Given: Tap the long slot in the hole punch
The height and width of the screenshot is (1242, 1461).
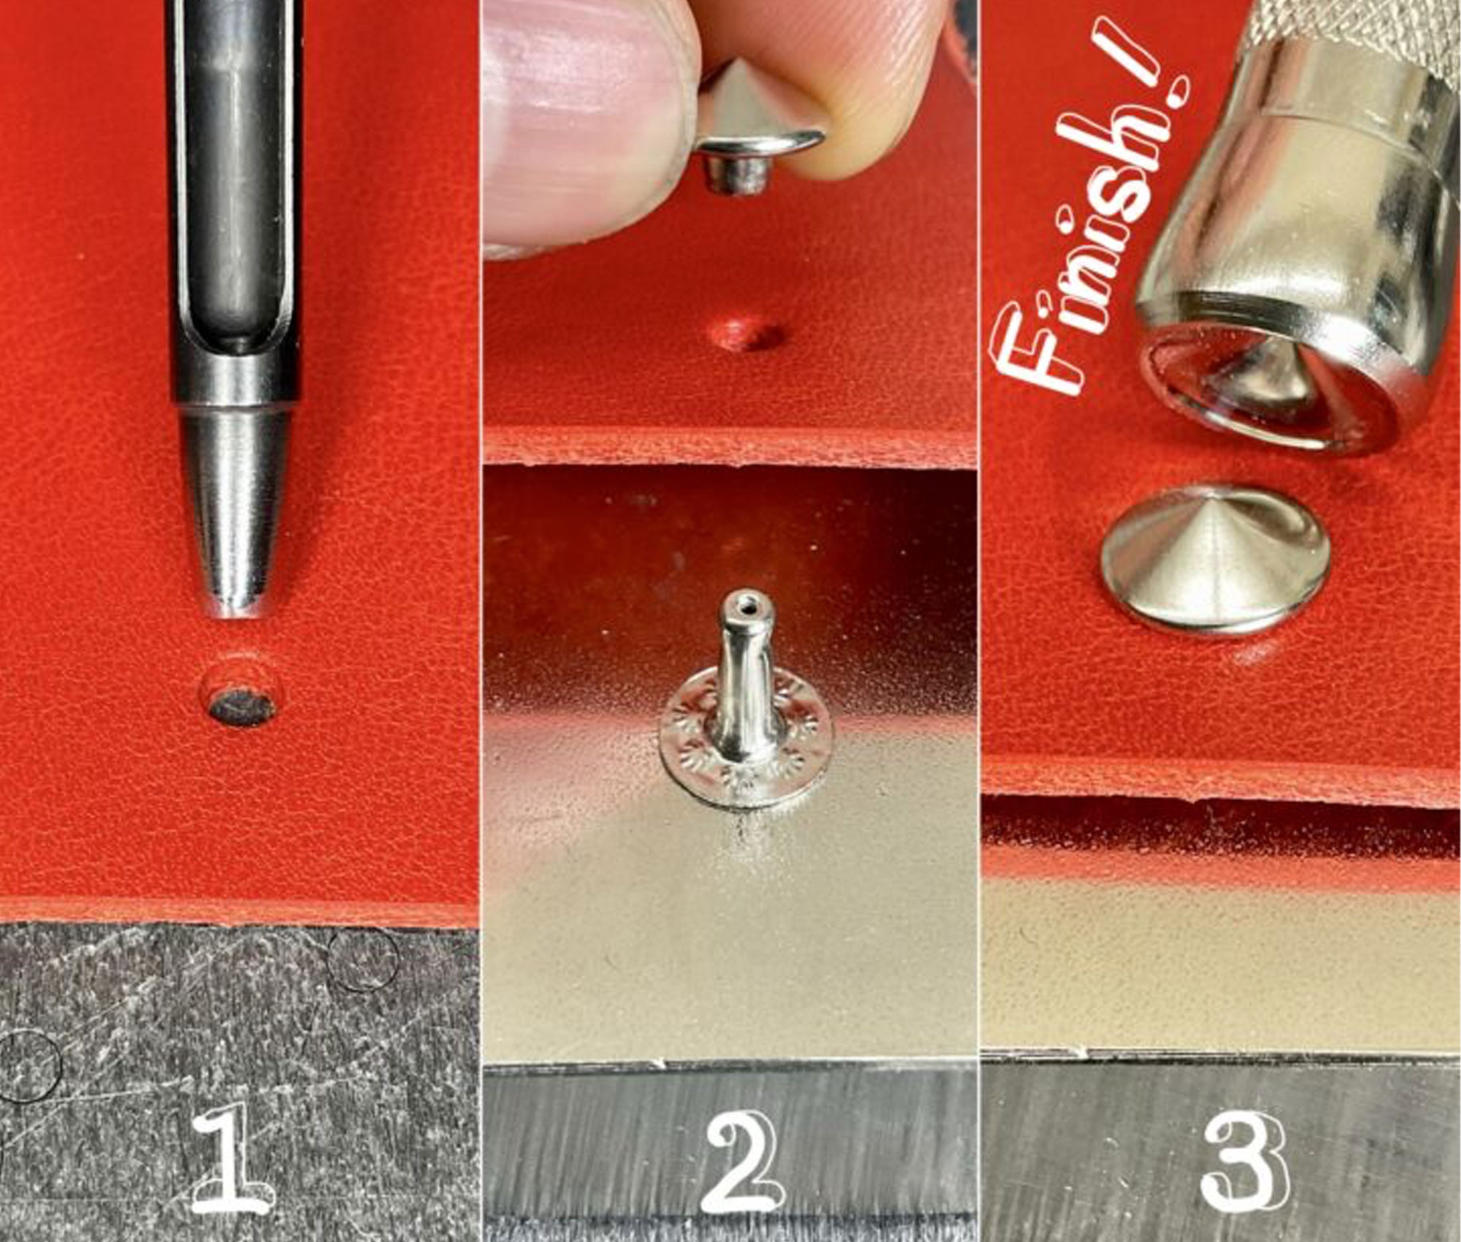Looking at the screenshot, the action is click(x=235, y=190).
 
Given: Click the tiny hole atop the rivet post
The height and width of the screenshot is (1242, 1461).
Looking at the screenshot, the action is click(x=745, y=605).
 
